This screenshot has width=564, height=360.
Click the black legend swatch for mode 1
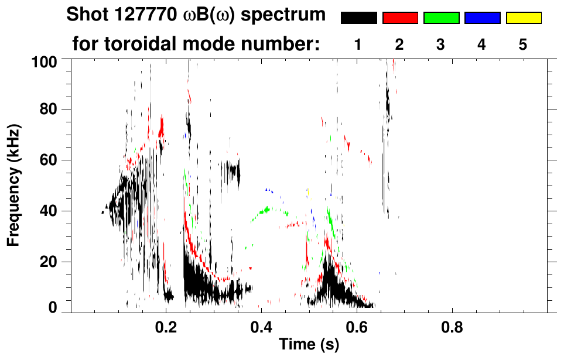pos(358,18)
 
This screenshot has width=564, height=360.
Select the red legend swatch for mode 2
pos(400,18)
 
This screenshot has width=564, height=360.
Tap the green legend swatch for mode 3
pos(441,18)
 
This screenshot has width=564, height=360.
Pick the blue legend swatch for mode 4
pos(482,18)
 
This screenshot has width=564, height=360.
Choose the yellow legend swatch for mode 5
pos(524,18)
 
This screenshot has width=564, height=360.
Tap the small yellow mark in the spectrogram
pos(308,191)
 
